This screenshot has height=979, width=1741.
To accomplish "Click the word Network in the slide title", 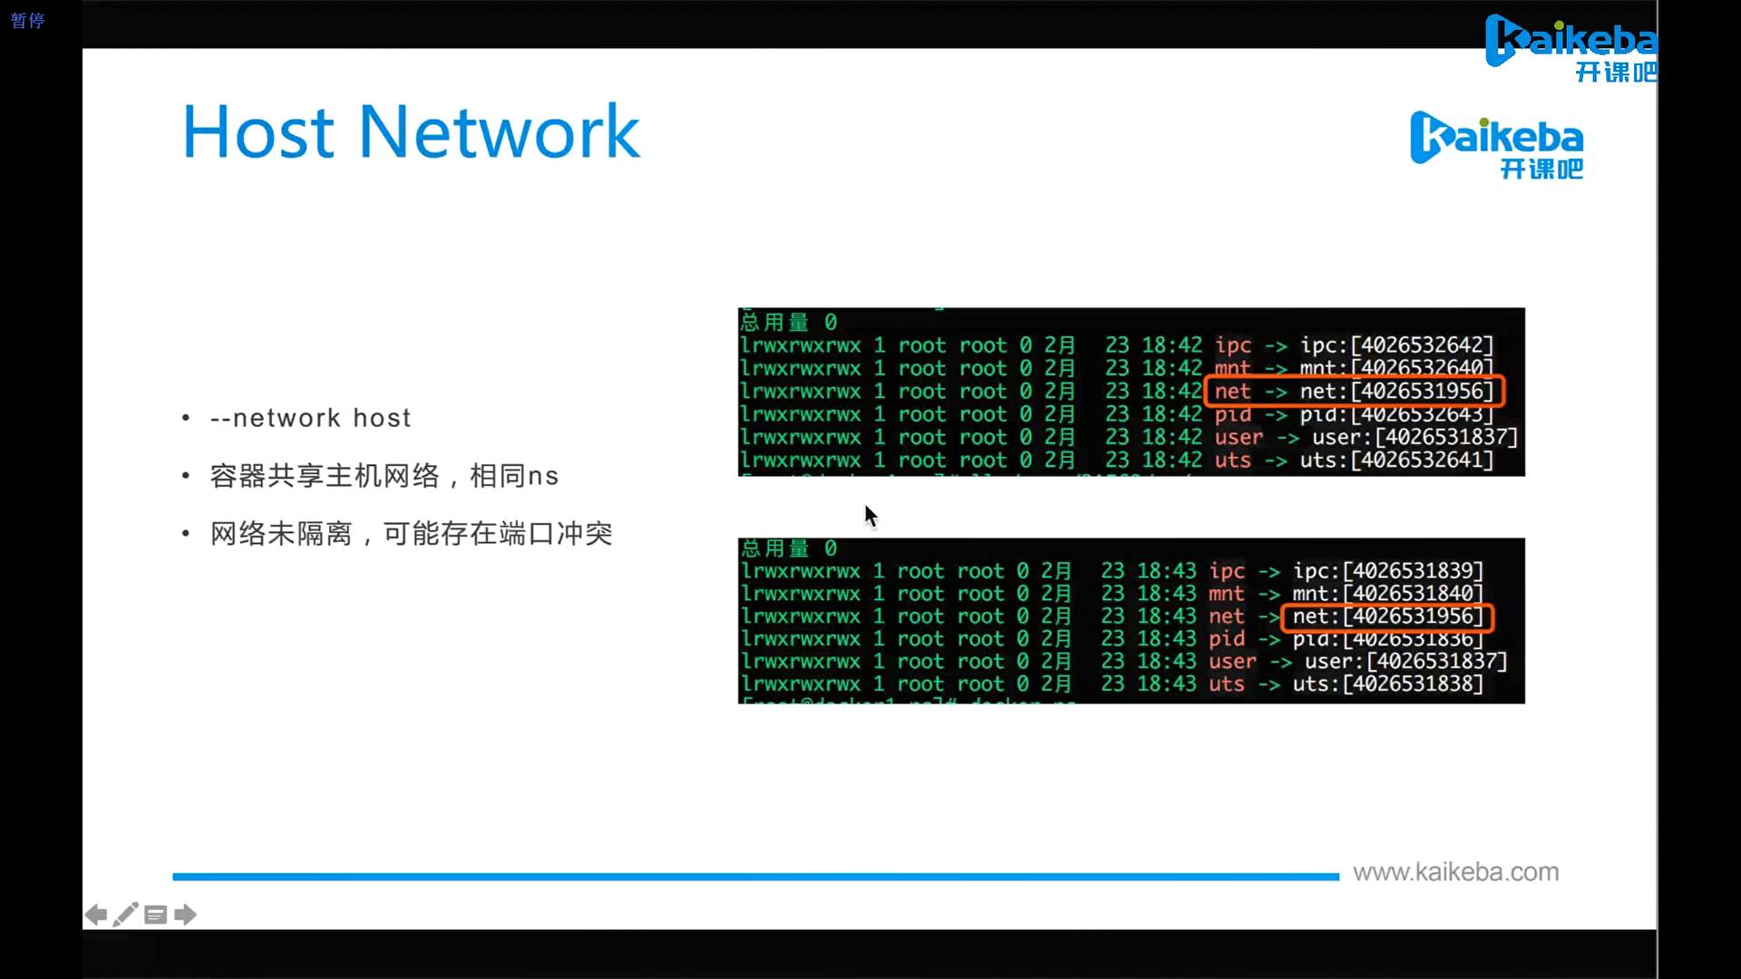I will [x=500, y=132].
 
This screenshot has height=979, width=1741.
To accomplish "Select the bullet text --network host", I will [x=310, y=418].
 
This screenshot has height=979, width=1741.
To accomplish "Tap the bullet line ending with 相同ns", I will [x=384, y=476].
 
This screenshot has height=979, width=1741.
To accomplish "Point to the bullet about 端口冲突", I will [x=411, y=534].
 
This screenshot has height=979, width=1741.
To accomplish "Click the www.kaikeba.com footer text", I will [x=1455, y=872].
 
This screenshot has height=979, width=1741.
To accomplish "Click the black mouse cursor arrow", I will [x=870, y=516].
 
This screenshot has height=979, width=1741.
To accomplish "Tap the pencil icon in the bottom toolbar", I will [x=126, y=914].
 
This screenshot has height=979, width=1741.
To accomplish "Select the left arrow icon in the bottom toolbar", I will [x=95, y=915].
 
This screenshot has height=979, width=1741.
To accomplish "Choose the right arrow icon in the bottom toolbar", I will [x=186, y=915].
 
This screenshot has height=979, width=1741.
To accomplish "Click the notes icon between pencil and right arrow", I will [x=156, y=915].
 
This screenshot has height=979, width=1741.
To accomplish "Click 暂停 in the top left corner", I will [x=27, y=20].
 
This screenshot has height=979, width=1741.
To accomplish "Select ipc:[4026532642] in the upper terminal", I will [x=1396, y=345].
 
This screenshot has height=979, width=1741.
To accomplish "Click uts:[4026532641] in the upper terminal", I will [x=1396, y=460].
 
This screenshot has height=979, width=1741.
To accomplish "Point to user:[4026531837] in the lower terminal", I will [x=1405, y=662].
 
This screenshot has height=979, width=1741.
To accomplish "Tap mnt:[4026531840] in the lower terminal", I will [x=1387, y=594].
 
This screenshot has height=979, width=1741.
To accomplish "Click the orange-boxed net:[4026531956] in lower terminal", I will [x=1387, y=616].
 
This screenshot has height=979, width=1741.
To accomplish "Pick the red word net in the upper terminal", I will [x=1232, y=392].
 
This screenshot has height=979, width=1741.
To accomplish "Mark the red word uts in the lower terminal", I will [x=1226, y=684].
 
